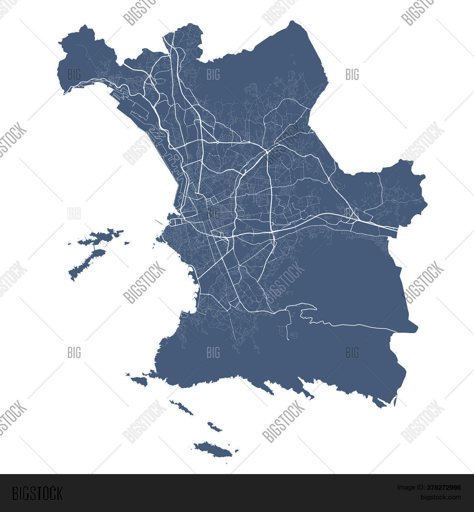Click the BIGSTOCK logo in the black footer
pyautogui.click(x=37, y=493)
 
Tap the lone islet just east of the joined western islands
pyautogui.click(x=127, y=243)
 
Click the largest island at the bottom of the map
pyautogui.click(x=213, y=449)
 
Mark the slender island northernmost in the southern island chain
pyautogui.click(x=182, y=407)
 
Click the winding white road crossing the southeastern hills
pyautogui.click(x=348, y=325)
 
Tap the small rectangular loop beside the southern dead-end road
pyautogui.click(x=294, y=334)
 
